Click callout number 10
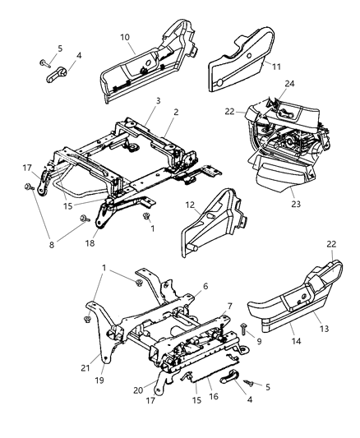pos(125,37)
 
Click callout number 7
pos(228,306)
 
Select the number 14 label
pos(293,337)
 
